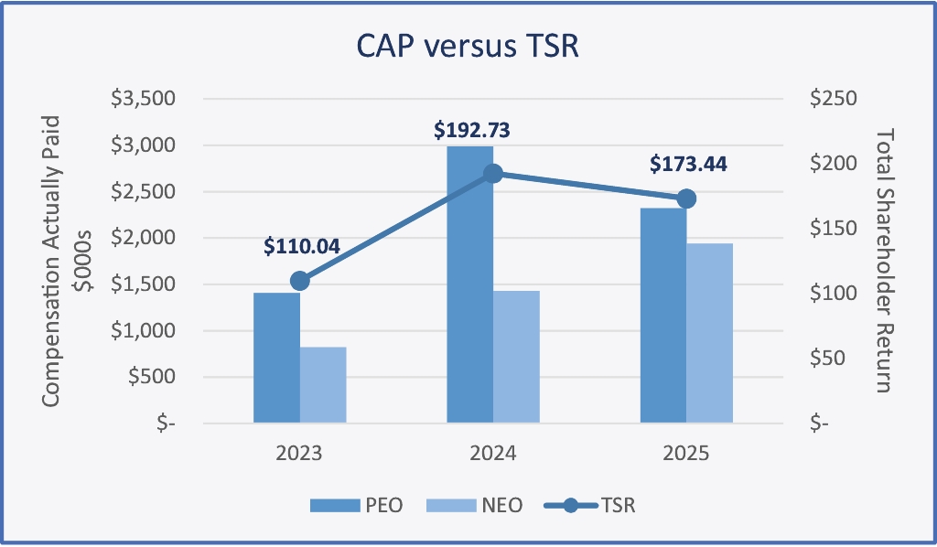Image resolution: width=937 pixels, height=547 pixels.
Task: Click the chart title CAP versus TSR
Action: (x=468, y=47)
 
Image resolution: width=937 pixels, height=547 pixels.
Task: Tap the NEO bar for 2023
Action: (x=323, y=384)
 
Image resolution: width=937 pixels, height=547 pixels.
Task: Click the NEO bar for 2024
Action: (x=516, y=357)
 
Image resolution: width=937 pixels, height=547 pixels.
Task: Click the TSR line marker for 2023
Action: (x=299, y=281)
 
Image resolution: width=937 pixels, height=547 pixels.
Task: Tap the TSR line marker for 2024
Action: (x=493, y=174)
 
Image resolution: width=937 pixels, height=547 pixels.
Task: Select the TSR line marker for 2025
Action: (x=686, y=198)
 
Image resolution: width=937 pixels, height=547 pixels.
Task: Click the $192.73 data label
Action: (x=471, y=130)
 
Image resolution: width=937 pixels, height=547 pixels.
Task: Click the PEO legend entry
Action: (x=358, y=504)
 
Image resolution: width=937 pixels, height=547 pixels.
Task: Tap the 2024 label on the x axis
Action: (x=493, y=453)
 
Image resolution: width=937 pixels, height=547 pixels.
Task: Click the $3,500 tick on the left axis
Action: (x=143, y=99)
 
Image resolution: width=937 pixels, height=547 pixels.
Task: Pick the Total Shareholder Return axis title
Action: (x=884, y=260)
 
